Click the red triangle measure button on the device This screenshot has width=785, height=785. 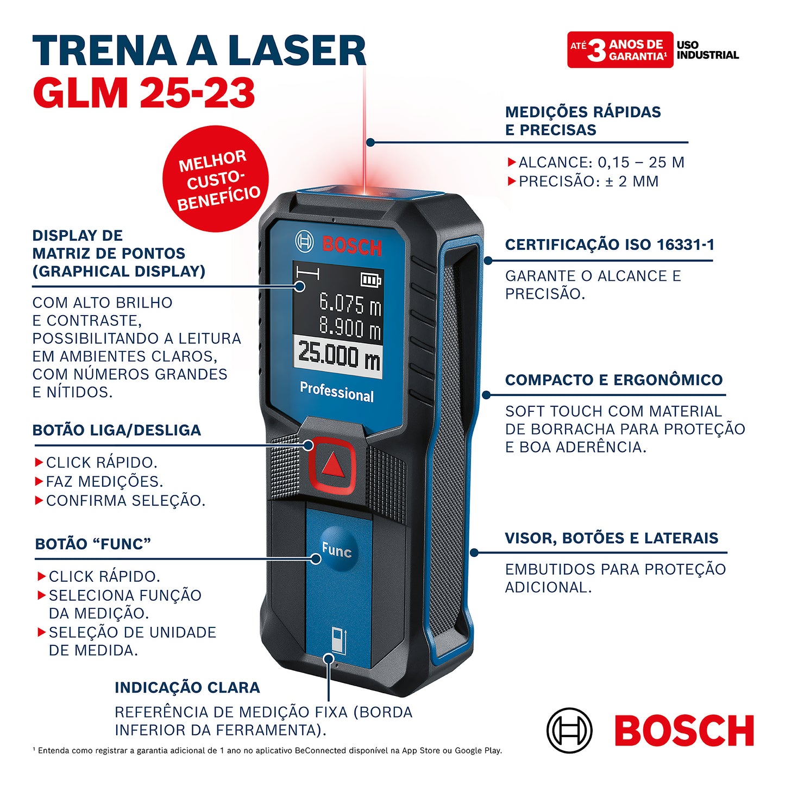332,464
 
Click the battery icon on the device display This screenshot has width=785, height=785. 371,280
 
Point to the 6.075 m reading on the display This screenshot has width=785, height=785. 349,303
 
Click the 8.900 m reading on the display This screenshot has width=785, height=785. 349,327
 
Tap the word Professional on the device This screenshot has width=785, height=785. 337,391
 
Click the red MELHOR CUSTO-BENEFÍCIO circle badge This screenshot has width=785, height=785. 216,179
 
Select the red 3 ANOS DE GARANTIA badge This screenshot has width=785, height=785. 620,50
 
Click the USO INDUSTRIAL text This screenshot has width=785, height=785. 707,50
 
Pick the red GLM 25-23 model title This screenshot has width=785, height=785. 144,92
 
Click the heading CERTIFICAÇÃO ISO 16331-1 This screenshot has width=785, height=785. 610,244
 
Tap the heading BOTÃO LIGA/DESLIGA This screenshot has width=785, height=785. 117,430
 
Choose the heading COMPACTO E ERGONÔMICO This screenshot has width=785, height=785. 614,380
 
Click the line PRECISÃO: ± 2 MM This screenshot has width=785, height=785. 588,181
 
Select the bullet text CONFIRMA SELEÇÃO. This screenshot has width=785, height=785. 125,500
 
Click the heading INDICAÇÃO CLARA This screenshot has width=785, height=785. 187,687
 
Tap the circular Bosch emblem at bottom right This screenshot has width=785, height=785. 569,730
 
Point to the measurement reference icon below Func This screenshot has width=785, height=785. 338,639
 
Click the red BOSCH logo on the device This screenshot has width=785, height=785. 351,247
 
